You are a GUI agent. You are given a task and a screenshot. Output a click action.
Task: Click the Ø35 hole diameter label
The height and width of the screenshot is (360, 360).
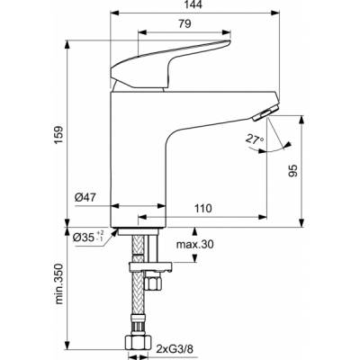point(90,238)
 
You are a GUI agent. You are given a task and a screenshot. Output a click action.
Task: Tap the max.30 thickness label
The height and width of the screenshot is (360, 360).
point(193,245)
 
